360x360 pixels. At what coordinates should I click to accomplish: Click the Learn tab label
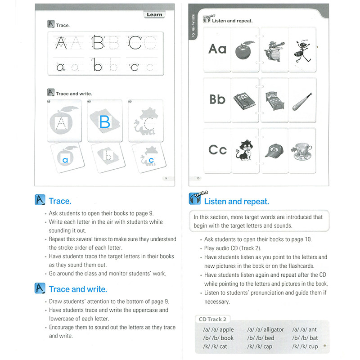click(154, 14)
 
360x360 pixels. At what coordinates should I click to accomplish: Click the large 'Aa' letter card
click(217, 49)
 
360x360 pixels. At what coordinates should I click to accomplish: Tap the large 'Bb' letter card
click(217, 99)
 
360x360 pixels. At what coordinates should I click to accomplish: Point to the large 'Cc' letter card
click(217, 149)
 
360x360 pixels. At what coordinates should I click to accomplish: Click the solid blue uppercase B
click(104, 121)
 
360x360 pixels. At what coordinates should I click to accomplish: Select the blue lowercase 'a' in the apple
click(65, 159)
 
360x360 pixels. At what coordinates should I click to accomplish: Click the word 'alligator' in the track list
click(274, 329)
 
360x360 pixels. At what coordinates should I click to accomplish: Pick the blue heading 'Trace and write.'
click(78, 289)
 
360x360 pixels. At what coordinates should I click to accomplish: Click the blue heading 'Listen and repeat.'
click(236, 202)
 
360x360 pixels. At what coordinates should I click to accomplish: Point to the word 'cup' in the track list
click(313, 346)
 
